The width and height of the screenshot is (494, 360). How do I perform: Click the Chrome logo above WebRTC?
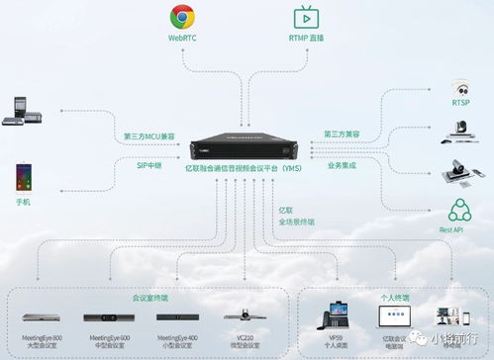coord(181,17)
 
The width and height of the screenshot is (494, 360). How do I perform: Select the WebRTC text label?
coord(181,38)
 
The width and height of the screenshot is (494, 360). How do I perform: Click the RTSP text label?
coord(460,102)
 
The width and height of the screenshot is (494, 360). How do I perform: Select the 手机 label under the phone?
coord(23,202)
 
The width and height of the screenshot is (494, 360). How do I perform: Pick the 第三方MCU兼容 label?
coord(148,135)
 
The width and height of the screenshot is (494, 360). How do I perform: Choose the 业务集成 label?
coord(341,164)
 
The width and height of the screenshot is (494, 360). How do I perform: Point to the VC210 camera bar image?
coord(236,318)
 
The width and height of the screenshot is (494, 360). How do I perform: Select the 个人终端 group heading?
coord(394,296)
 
